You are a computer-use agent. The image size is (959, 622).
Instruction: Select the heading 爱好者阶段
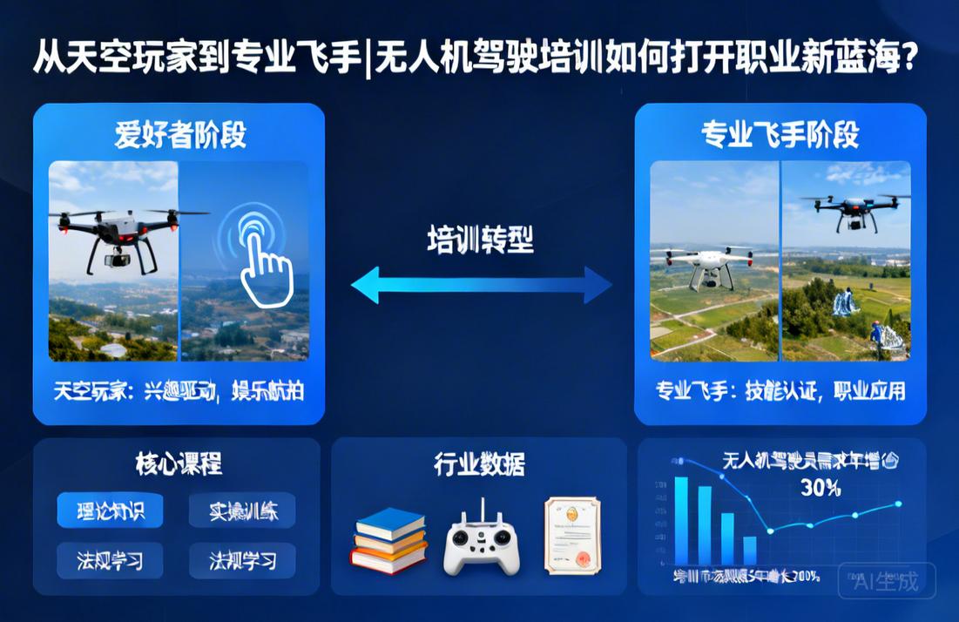click(180, 135)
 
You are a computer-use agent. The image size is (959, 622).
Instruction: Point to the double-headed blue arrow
click(481, 285)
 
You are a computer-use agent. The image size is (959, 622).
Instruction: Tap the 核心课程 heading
click(179, 464)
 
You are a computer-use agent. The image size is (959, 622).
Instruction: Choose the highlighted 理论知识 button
click(110, 510)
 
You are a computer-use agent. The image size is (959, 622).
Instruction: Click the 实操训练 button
click(243, 510)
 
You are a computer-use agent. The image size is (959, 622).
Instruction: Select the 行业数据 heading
click(479, 464)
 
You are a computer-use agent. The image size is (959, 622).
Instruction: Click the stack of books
click(389, 539)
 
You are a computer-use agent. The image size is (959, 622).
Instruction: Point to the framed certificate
click(573, 535)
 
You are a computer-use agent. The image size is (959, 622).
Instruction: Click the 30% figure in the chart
click(819, 489)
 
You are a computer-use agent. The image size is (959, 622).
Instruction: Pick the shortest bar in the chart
click(749, 551)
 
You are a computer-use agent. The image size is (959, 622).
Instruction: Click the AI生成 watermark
click(887, 581)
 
